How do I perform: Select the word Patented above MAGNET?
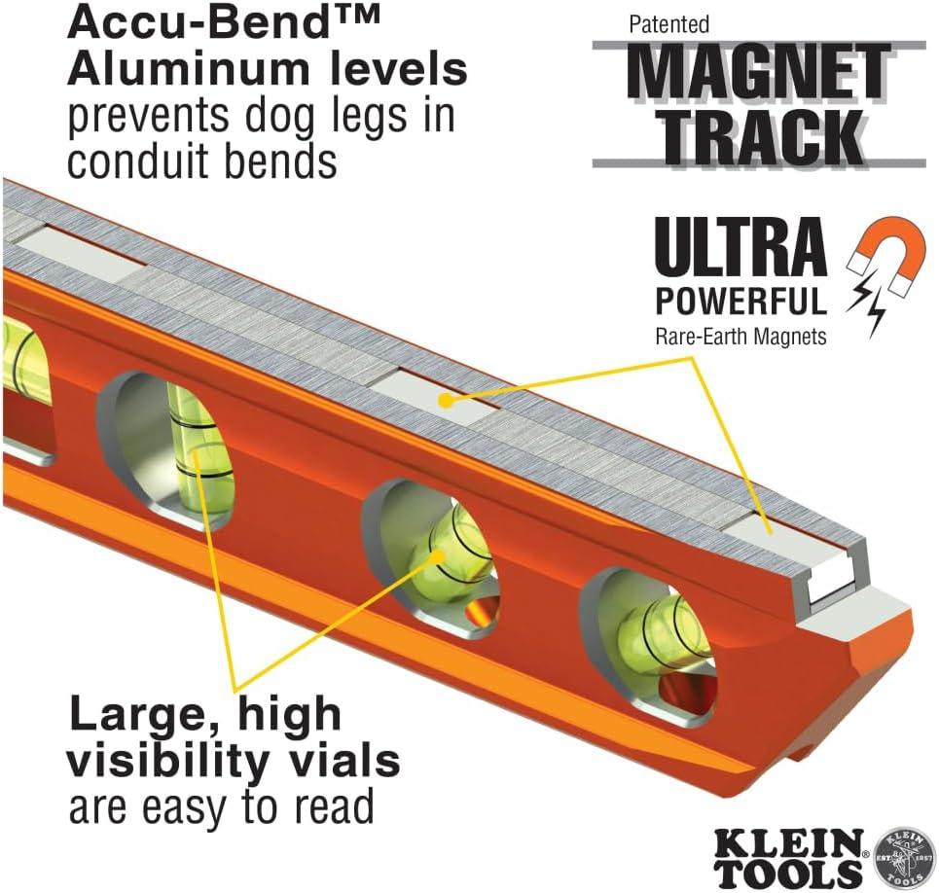tap(669, 23)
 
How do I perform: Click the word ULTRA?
tap(740, 249)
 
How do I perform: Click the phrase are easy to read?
tap(221, 807)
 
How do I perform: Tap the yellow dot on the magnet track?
tap(444, 398)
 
